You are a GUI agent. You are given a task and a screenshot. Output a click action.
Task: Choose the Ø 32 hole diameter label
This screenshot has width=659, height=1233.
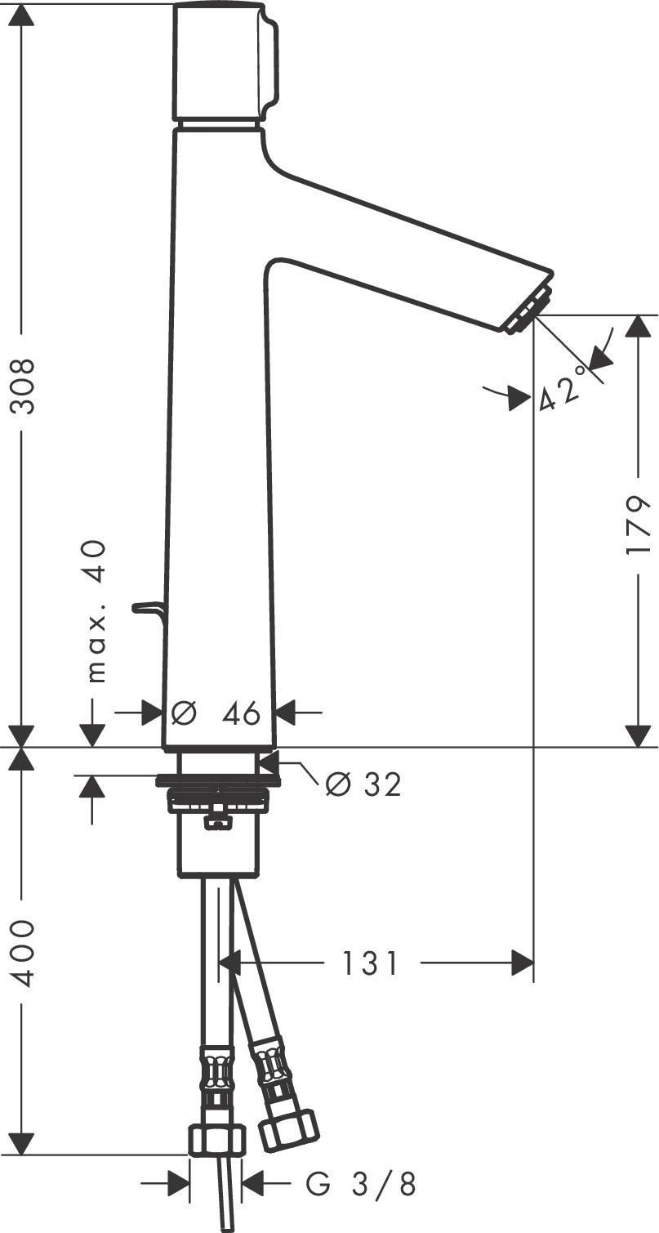[363, 784]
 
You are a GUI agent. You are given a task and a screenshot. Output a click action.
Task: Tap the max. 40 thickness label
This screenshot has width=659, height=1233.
[96, 610]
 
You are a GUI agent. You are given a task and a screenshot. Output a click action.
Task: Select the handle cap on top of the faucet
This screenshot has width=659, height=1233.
[225, 61]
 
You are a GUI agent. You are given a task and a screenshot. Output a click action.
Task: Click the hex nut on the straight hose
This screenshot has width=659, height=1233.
[216, 1139]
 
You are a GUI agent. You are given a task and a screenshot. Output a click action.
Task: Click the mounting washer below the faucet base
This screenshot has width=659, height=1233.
[216, 779]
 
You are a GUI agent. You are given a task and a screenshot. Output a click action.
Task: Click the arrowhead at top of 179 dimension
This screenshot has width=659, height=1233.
[638, 326]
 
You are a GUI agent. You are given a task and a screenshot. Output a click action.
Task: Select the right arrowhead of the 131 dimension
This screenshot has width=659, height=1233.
[523, 963]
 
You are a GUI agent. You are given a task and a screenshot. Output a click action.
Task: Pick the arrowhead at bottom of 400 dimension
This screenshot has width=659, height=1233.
[22, 1144]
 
